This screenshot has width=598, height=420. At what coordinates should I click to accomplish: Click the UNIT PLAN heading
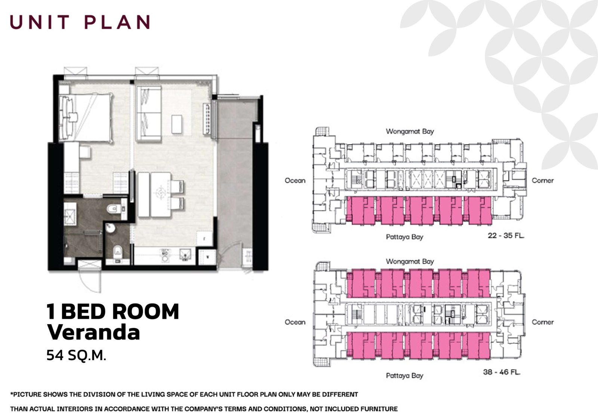pyautogui.click(x=80, y=22)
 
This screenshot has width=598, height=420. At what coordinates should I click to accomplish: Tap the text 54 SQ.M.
pyautogui.click(x=76, y=355)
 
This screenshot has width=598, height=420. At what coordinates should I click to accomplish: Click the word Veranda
pyautogui.click(x=93, y=332)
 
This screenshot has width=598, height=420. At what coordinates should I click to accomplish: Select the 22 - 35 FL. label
pyautogui.click(x=506, y=236)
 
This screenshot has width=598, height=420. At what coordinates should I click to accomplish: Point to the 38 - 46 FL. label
pyautogui.click(x=502, y=372)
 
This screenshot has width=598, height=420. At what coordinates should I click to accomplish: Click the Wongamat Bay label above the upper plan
pyautogui.click(x=410, y=132)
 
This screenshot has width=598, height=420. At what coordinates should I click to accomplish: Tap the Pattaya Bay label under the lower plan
pyautogui.click(x=404, y=375)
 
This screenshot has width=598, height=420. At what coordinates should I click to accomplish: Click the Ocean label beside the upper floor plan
pyautogui.click(x=295, y=181)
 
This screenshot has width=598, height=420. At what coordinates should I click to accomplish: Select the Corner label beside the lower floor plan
pyautogui.click(x=542, y=322)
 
